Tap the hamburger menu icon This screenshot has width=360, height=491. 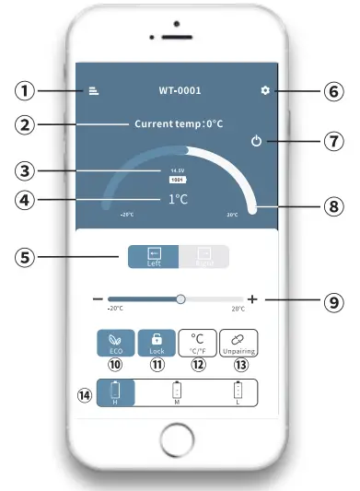tap(94, 90)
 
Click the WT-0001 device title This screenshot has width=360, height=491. tap(180, 90)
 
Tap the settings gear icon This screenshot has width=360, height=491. tap(265, 90)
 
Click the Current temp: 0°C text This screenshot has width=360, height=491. tap(180, 123)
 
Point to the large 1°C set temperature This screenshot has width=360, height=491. tap(178, 198)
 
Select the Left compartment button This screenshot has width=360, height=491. tap(154, 256)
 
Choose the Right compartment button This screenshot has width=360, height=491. tap(203, 256)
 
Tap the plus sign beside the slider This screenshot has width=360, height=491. tap(252, 299)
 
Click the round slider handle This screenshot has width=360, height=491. tap(180, 299)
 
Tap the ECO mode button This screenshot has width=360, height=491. tap(116, 343)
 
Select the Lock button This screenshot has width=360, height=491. tap(156, 343)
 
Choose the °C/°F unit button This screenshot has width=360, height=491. tap(197, 343)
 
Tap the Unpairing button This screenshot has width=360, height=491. tap(238, 343)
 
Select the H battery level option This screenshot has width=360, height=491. tap(115, 392)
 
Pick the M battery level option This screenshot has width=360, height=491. tap(177, 392)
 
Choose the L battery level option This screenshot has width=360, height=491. tap(238, 392)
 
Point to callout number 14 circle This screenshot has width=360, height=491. tap(86, 396)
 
